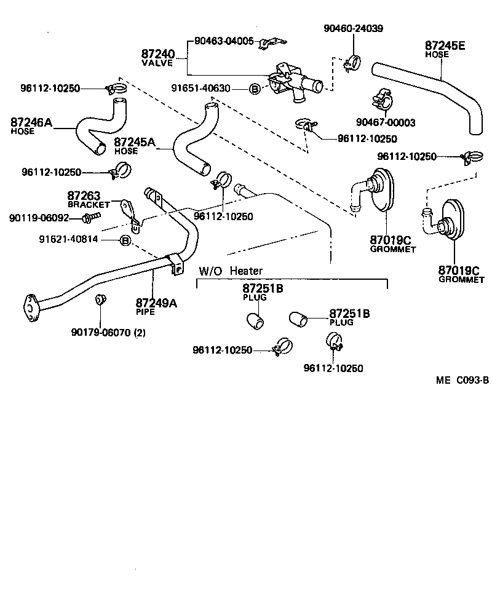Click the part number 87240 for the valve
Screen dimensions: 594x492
(158, 54)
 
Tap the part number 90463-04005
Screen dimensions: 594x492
(224, 41)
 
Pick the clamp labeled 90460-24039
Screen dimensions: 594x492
(353, 61)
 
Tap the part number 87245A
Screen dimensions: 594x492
(135, 142)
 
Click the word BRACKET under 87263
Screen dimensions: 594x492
(88, 204)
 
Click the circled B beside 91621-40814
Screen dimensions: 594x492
(125, 239)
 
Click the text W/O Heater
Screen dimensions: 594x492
(230, 271)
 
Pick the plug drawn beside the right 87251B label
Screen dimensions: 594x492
(298, 319)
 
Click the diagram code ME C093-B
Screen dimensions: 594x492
(462, 379)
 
